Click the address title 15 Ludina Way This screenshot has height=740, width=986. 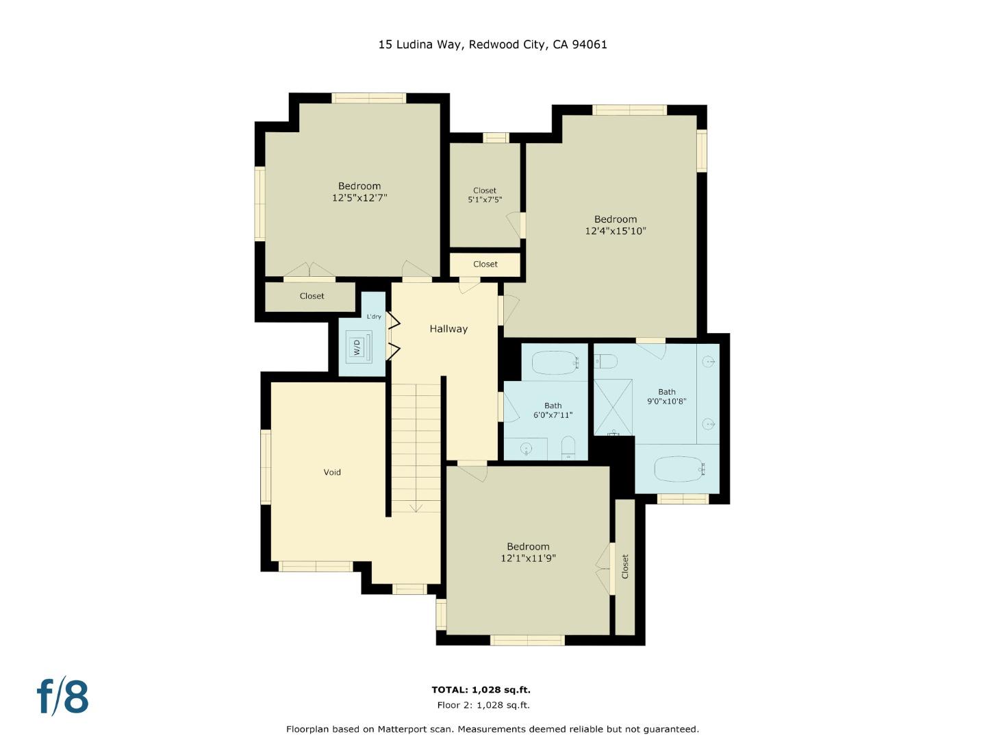coord(492,45)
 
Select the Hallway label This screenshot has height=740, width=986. coord(448,329)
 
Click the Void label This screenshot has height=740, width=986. coord(332,472)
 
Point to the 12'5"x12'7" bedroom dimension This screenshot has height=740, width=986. coord(359,198)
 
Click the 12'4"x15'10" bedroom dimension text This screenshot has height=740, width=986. coord(615,232)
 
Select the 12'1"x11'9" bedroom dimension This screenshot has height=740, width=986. coord(528,558)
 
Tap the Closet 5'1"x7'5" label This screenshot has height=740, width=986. coord(485,195)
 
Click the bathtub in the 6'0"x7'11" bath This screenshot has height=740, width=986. coord(555,362)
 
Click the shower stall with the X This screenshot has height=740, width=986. coord(613,406)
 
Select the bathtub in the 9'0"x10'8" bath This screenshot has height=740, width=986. coord(678,469)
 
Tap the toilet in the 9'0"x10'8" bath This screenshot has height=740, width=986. coord(606,360)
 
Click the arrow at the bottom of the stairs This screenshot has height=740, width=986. coord(416,507)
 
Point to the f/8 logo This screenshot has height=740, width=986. coord(62,697)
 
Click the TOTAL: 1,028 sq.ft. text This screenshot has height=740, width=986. coord(481,690)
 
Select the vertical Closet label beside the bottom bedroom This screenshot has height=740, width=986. coord(624,567)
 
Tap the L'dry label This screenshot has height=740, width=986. coord(374,317)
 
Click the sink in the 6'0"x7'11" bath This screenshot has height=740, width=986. coord(526,449)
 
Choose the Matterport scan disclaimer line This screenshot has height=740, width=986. coord(492,729)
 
